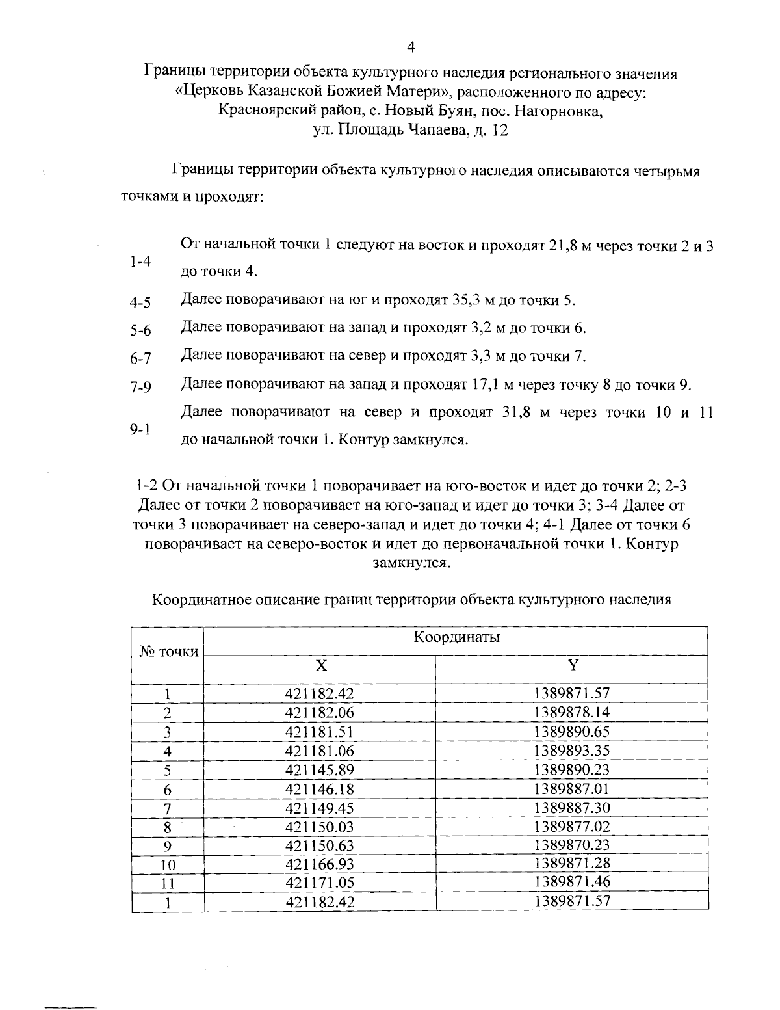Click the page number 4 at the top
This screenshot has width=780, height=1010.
(409, 46)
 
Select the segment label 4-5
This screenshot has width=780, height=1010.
(140, 302)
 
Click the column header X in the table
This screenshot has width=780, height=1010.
(320, 665)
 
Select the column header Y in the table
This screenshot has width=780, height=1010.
(573, 665)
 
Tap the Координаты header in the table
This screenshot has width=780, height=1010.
(456, 637)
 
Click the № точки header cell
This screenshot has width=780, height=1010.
(169, 652)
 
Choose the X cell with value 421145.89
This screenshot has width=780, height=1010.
(320, 770)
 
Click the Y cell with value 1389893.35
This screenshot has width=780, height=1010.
(572, 751)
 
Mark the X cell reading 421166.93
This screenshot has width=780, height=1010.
(320, 864)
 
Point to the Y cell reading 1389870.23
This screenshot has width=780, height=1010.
(572, 845)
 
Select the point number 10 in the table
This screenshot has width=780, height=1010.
(168, 865)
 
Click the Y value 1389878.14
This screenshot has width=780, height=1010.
(572, 712)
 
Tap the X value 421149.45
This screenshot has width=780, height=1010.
(320, 808)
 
